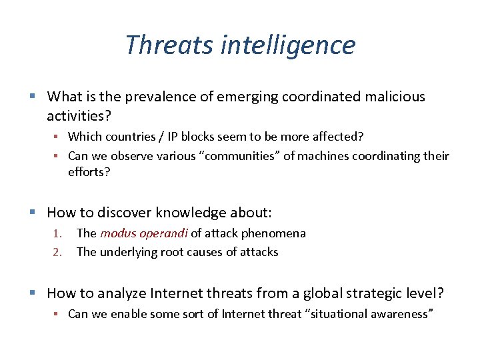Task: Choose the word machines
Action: pyautogui.click(x=329, y=156)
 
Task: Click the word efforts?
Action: pyautogui.click(x=88, y=172)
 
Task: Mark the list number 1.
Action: pyautogui.click(x=57, y=233)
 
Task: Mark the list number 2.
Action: pyautogui.click(x=57, y=252)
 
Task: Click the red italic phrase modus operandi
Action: pyautogui.click(x=144, y=233)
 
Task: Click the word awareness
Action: pyautogui.click(x=400, y=313)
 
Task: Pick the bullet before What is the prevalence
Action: pyautogui.click(x=35, y=97)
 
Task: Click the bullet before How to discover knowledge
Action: pyautogui.click(x=35, y=213)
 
